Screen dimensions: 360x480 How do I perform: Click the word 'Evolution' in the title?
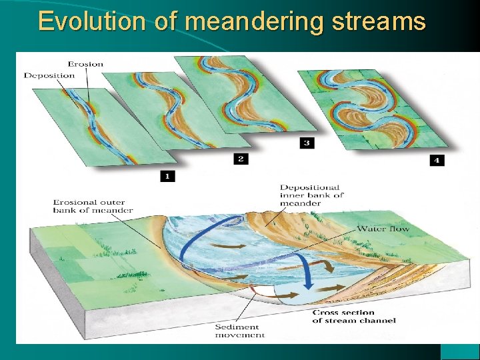pos(89,21)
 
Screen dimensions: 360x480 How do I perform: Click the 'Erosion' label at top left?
pos(84,64)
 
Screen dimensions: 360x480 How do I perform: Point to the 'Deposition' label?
pos(49,75)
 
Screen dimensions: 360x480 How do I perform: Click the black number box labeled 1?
pos(167,176)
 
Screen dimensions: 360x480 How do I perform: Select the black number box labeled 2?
pos(241,159)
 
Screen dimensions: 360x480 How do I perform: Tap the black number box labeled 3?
pos(307,143)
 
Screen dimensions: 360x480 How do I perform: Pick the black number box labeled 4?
pos(437,160)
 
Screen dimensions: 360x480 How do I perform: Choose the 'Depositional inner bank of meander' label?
pos(311,195)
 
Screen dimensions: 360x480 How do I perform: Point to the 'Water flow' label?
pos(383,229)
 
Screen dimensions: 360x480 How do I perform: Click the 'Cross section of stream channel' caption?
pos(353,316)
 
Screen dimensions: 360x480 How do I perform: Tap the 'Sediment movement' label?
pos(239,331)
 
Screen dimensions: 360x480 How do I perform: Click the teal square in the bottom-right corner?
pos(459,351)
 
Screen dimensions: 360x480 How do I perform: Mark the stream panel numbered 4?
pos(370,107)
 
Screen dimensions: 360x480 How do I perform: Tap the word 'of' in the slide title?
pos(167,21)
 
